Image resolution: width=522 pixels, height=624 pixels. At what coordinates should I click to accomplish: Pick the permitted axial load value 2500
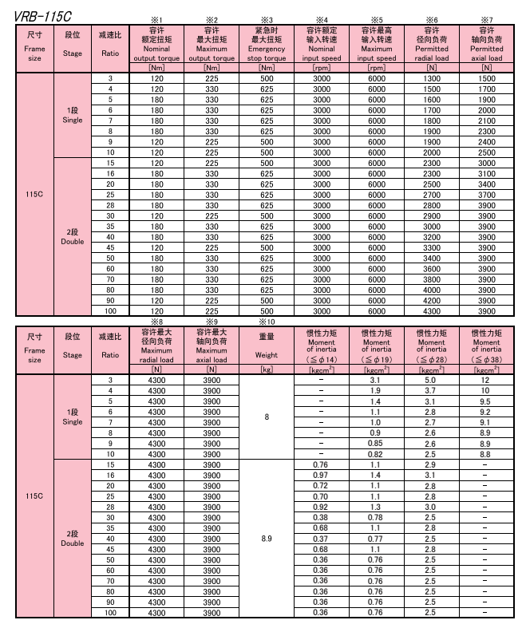(486, 152)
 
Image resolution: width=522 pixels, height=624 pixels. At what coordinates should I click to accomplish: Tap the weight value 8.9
(267, 539)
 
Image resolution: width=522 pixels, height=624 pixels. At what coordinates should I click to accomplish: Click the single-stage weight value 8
(267, 417)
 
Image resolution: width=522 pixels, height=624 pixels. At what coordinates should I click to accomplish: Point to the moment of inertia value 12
(486, 381)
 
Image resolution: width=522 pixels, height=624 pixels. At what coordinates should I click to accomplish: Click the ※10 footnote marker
(267, 322)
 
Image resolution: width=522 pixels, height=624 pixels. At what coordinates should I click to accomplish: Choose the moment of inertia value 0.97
(322, 475)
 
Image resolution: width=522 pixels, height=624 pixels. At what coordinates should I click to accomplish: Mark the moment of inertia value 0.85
(376, 444)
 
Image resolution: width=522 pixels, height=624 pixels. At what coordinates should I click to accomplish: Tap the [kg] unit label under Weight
(267, 370)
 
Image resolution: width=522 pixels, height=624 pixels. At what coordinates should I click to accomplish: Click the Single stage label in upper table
(73, 115)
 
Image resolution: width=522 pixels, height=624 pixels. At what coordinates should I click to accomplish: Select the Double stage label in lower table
(73, 539)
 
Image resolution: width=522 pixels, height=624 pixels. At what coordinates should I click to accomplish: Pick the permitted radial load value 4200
(431, 300)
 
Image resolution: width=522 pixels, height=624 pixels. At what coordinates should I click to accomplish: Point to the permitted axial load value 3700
(486, 194)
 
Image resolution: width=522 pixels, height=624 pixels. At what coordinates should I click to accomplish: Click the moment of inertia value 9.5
(486, 401)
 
